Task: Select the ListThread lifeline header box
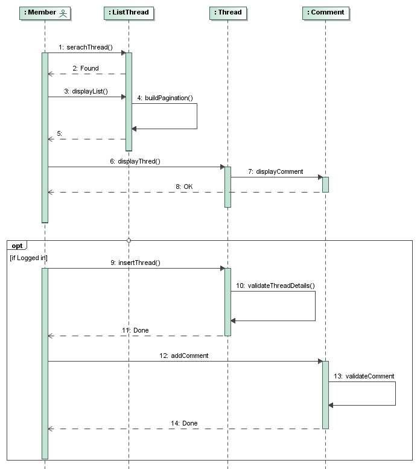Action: coord(128,13)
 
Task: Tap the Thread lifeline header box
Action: coord(227,13)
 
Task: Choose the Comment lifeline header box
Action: coord(326,13)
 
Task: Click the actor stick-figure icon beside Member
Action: coord(63,13)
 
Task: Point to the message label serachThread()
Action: coord(86,47)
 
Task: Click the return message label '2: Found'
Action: coord(85,68)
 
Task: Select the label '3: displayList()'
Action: coord(86,91)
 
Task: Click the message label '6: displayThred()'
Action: coord(135,162)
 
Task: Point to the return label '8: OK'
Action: coord(184,187)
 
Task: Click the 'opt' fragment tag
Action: coord(17,246)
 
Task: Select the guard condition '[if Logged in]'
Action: coord(29,258)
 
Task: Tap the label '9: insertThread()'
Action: coord(135,263)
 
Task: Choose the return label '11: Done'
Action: coord(135,330)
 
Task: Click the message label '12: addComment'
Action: coord(184,356)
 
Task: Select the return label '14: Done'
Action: coord(184,423)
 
